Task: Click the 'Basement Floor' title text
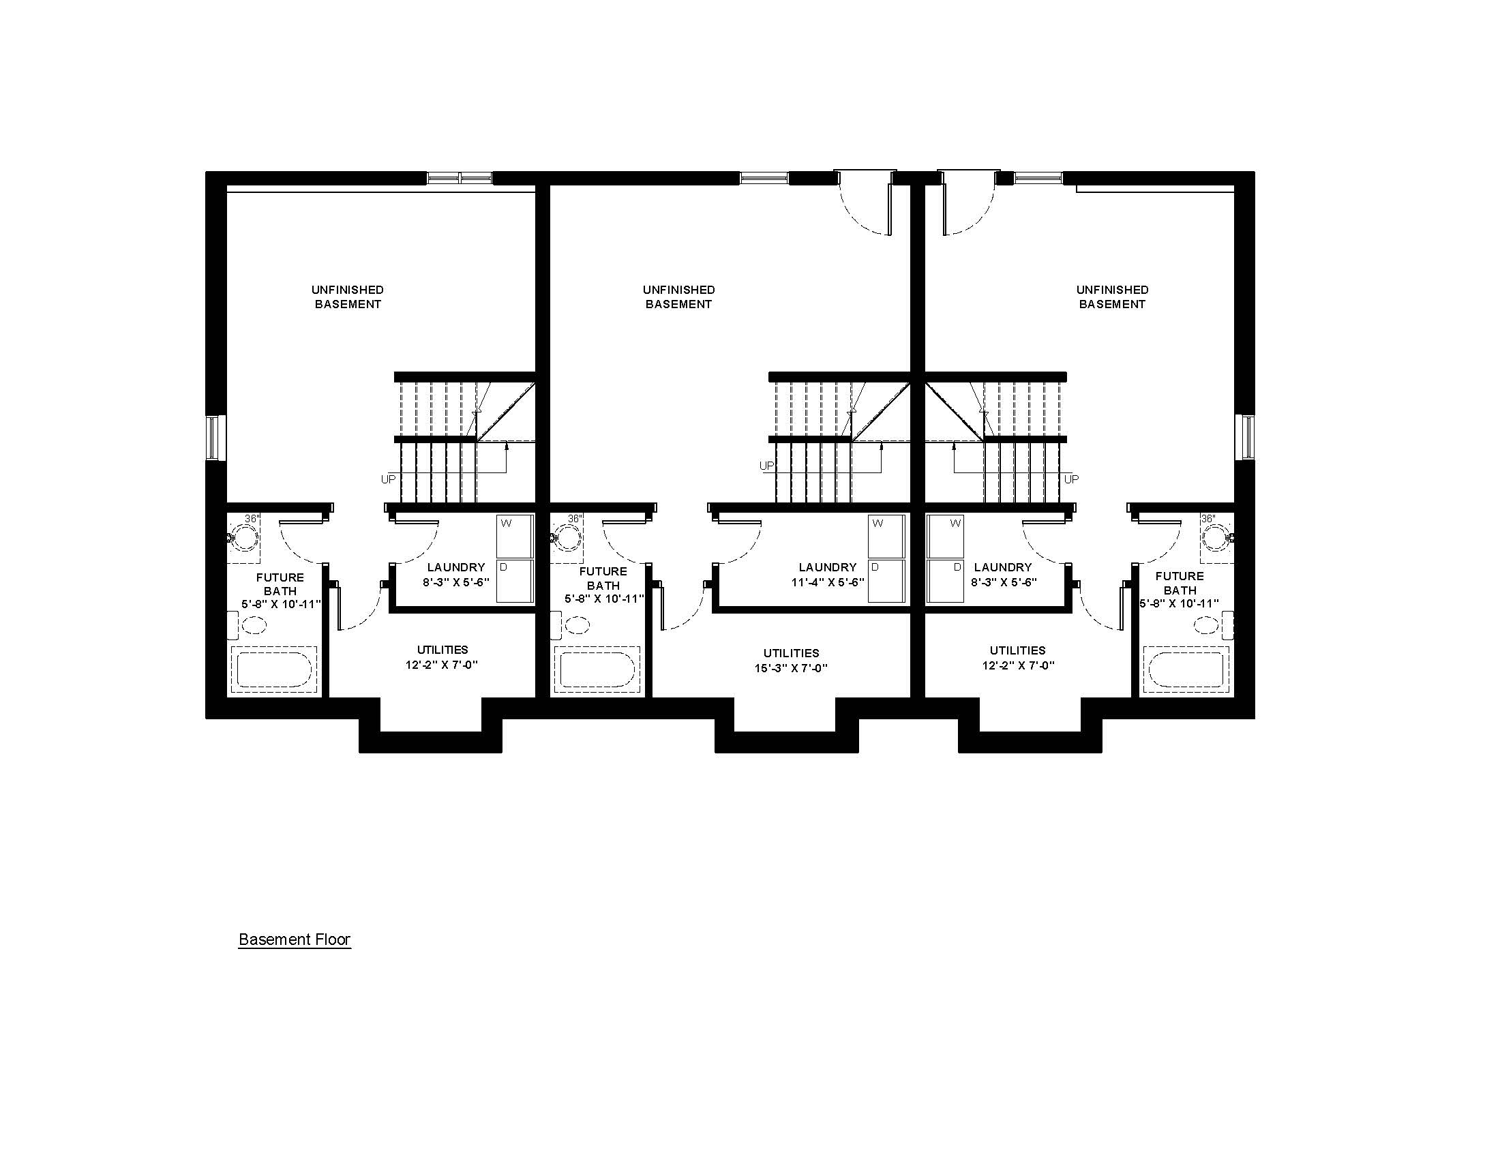(x=295, y=939)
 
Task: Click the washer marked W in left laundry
(x=515, y=537)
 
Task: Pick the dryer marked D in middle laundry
(x=886, y=582)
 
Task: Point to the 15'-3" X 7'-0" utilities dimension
(x=791, y=668)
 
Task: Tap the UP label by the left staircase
(x=389, y=479)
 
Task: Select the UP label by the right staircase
(x=1071, y=479)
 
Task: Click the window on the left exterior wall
(x=213, y=438)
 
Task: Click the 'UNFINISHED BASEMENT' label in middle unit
(x=678, y=297)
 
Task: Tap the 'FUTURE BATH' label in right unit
(x=1180, y=583)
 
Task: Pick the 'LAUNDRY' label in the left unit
(x=456, y=567)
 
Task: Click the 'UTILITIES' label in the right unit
(x=1018, y=650)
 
